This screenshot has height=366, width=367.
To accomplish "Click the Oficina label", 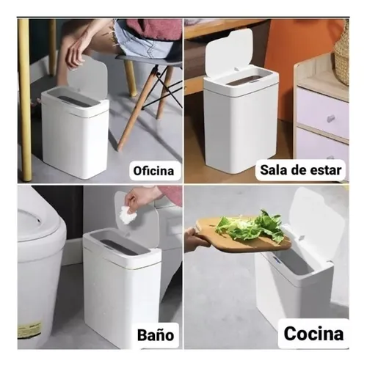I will [x=155, y=172].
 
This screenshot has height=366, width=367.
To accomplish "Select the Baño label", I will [x=155, y=337].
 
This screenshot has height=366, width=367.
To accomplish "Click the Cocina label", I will [x=312, y=334].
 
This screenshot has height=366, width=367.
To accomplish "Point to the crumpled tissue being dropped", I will [x=128, y=215].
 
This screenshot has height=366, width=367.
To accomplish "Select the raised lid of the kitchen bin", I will [x=315, y=221].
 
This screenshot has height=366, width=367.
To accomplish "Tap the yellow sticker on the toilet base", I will [x=29, y=329].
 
